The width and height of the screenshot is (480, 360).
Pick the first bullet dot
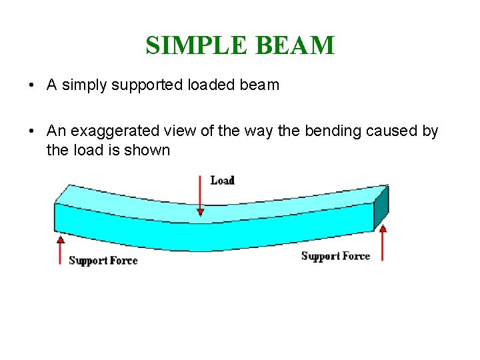[x=31, y=86]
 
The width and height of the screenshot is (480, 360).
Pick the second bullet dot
[x=31, y=131]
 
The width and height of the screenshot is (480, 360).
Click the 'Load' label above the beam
[x=222, y=180]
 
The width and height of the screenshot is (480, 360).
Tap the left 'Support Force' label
[x=103, y=261]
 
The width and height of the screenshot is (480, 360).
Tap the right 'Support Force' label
[x=335, y=256]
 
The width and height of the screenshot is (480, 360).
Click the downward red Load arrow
[x=200, y=193]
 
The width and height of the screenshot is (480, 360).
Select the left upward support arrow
[x=61, y=250]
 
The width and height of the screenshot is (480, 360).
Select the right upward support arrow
[x=383, y=243]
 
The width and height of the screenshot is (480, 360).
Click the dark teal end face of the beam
[x=381, y=208]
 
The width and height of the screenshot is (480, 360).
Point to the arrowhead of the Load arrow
[x=200, y=211]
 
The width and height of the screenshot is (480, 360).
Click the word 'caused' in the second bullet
[x=391, y=131]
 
